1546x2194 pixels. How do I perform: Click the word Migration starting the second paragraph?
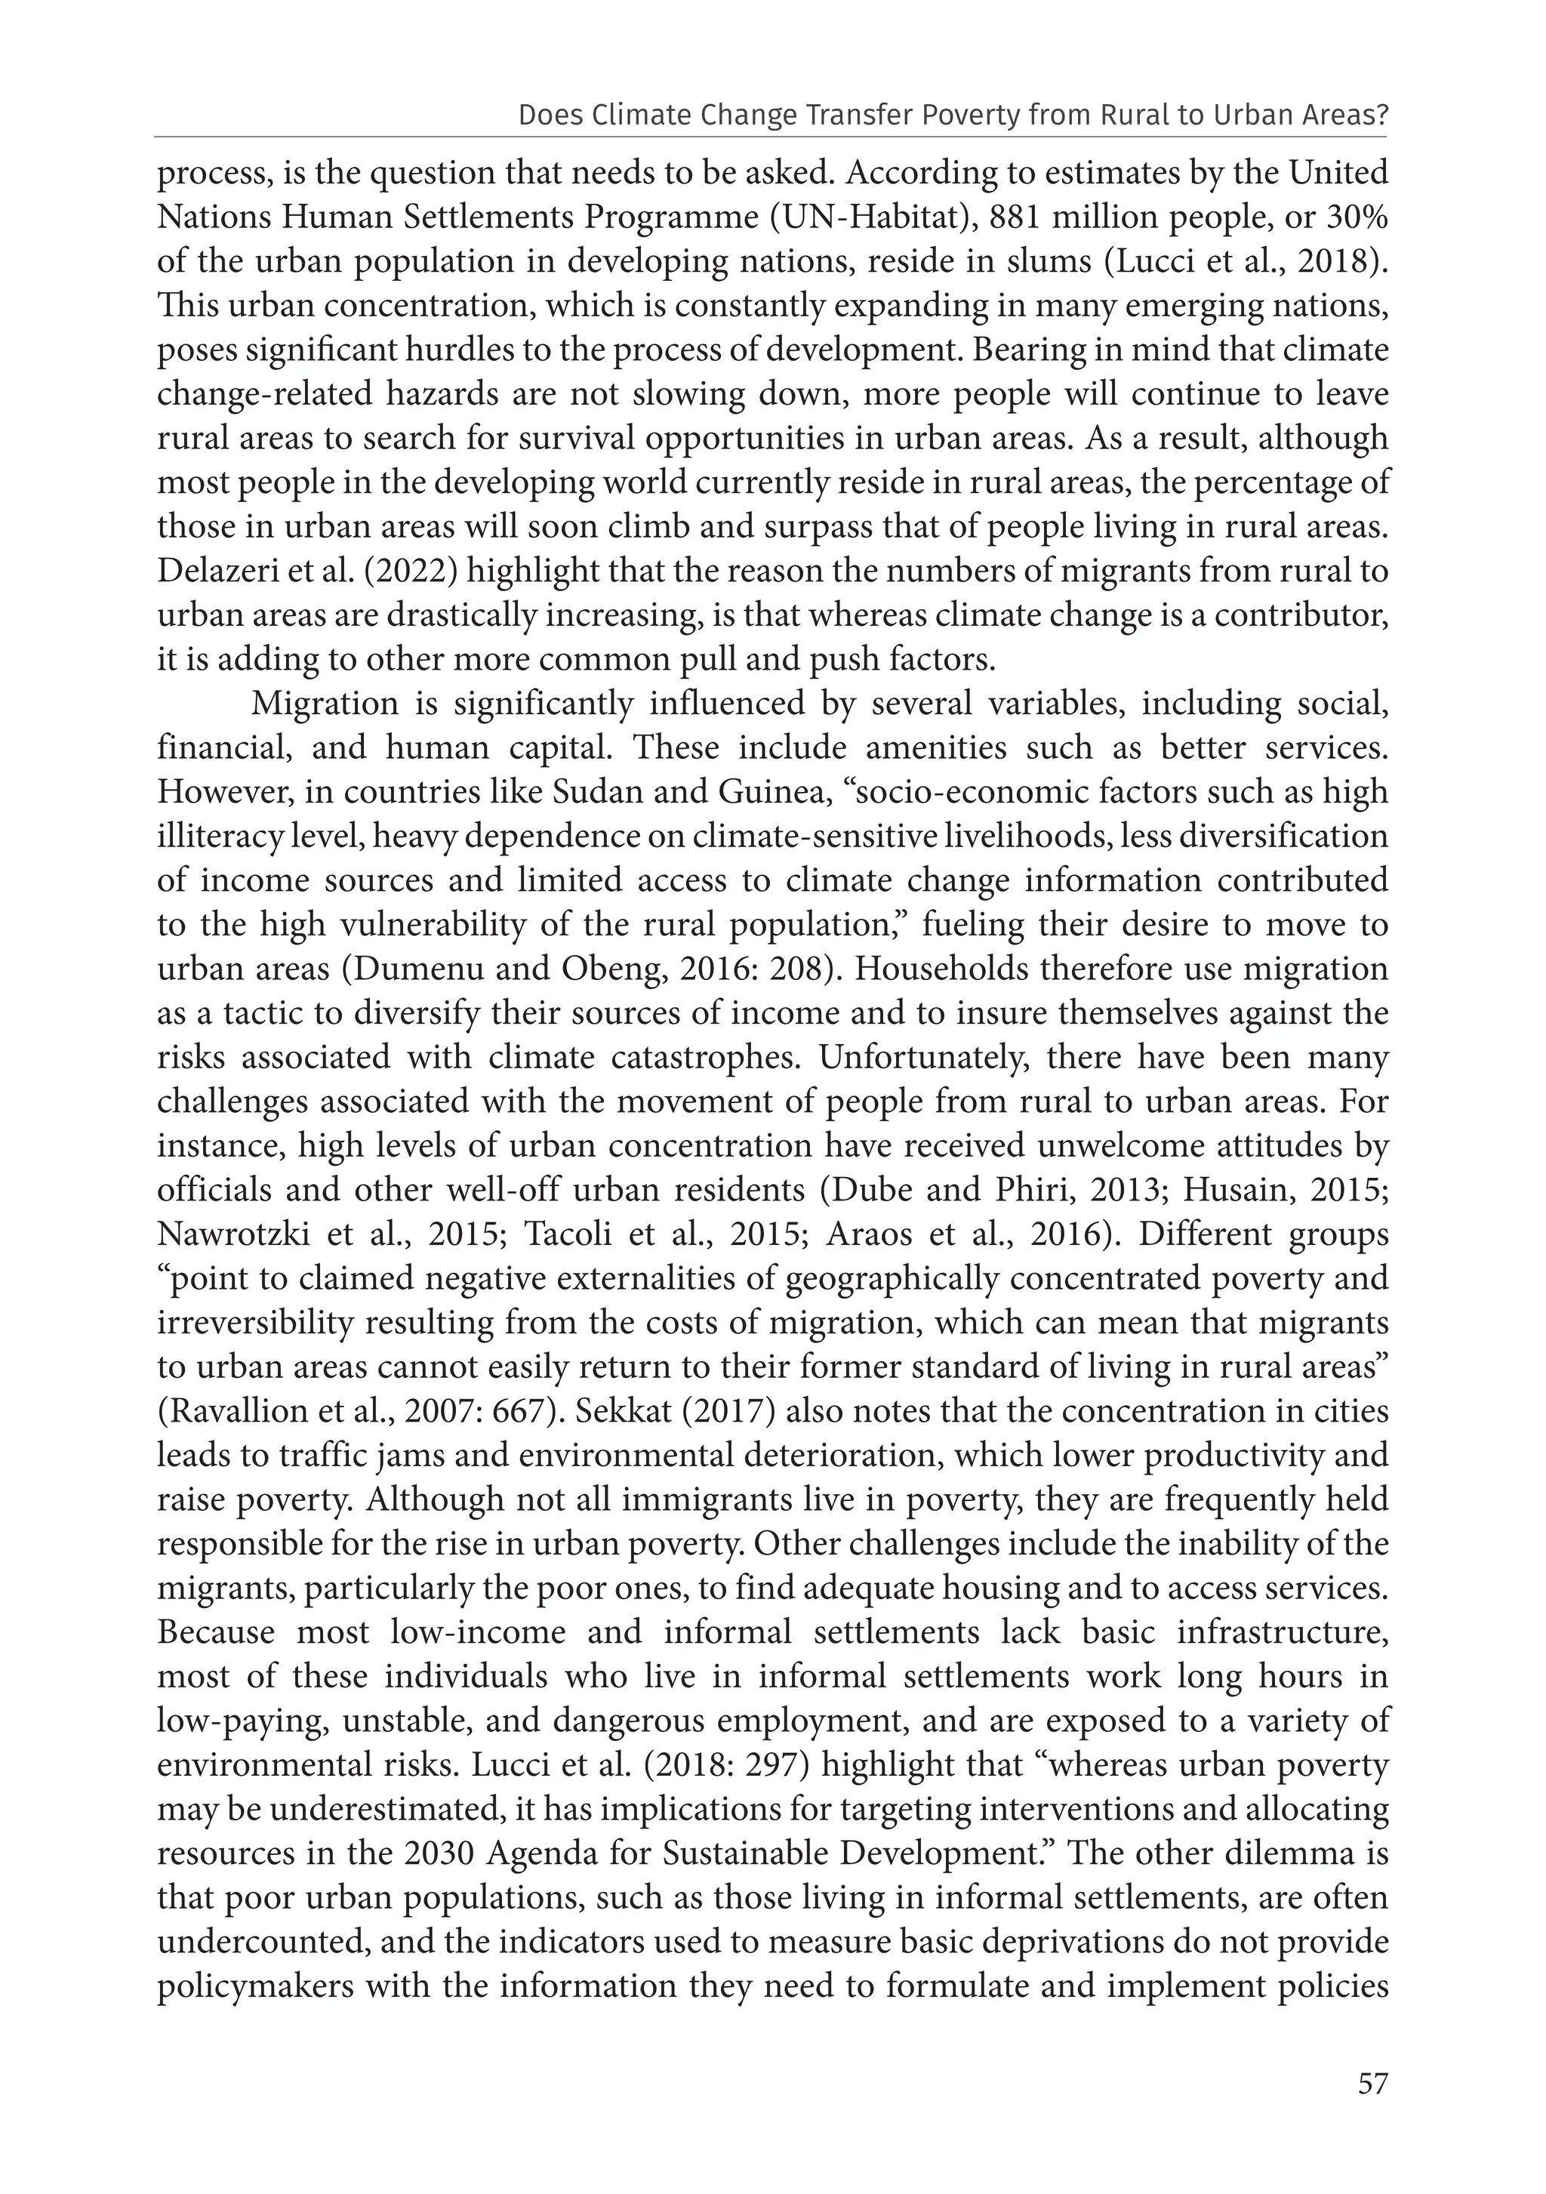[322, 704]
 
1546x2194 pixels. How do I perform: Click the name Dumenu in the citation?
[414, 969]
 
